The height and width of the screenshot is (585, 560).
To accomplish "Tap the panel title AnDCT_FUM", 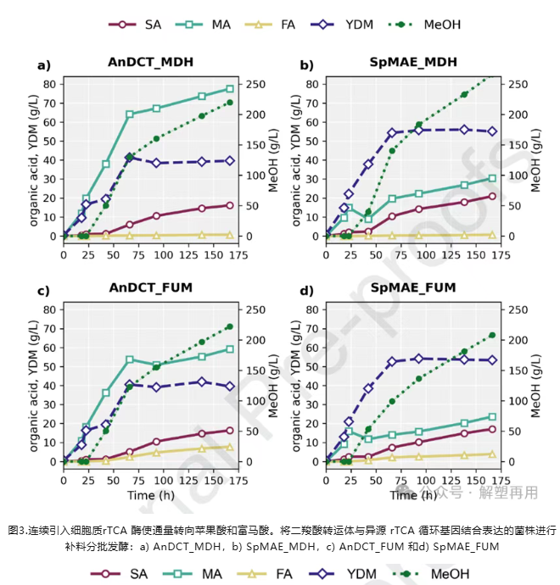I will coord(150,288).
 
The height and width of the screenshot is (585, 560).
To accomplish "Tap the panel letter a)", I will coord(43,64).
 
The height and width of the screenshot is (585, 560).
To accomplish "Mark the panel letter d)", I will coord(306,291).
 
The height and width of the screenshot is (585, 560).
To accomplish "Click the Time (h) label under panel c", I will coord(150,495).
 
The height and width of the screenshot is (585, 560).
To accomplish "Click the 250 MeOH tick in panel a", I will coord(255,84).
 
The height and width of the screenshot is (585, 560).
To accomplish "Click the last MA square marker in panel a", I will coord(229,89).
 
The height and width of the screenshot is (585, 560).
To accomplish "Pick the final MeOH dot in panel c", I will coord(229,326).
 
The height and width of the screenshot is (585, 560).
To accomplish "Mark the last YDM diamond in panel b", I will coord(492,131).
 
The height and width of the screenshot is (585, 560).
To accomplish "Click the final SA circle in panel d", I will coord(492,429).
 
